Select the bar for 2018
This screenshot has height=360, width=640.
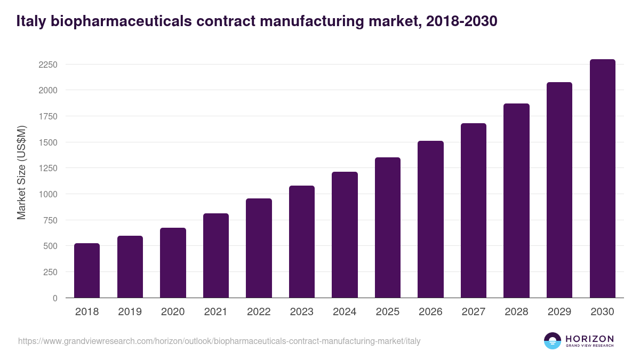[87, 270]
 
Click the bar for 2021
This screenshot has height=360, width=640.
[216, 255]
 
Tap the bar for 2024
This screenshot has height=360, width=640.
[345, 235]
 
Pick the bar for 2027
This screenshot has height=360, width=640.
[474, 211]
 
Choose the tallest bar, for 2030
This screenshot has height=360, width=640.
[602, 179]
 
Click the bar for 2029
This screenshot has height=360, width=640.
[559, 190]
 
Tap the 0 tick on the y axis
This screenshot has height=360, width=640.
[55, 298]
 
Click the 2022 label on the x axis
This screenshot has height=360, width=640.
[259, 312]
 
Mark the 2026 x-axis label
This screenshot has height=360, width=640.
[430, 312]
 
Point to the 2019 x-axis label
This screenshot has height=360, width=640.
[130, 312]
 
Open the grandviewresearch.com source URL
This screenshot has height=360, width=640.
[219, 341]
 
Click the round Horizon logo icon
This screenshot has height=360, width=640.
[553, 341]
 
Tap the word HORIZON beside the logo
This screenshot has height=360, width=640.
[589, 338]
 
